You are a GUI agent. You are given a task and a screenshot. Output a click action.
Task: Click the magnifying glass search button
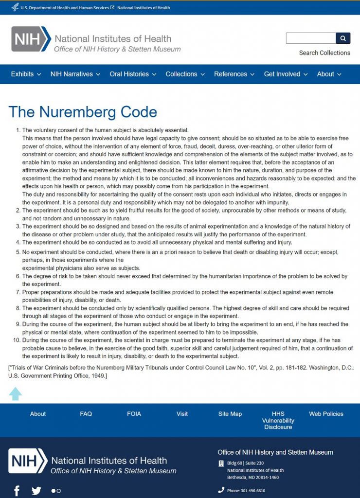coord(343,38)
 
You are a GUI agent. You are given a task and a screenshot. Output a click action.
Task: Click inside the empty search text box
coord(311,38)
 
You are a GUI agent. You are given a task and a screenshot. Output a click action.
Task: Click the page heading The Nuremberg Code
coord(83,112)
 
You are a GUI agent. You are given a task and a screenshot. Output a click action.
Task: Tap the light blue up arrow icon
coord(16,393)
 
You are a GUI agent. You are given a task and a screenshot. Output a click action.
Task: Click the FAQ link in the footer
coord(86,414)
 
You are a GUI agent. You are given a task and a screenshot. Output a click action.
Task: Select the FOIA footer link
coord(134,414)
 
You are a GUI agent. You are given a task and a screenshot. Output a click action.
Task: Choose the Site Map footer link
coord(230,414)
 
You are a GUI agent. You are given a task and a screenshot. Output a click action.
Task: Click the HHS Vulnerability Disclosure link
coord(278,420)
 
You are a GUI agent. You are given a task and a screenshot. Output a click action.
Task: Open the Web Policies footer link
coord(326,414)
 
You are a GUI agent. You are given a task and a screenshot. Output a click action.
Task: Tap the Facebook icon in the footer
coord(17,490)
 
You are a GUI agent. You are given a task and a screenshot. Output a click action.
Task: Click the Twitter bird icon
coord(36,490)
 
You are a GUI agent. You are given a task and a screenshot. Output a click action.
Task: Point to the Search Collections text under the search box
coord(324,53)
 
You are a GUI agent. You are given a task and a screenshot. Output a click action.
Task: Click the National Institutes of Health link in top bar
coord(144,8)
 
